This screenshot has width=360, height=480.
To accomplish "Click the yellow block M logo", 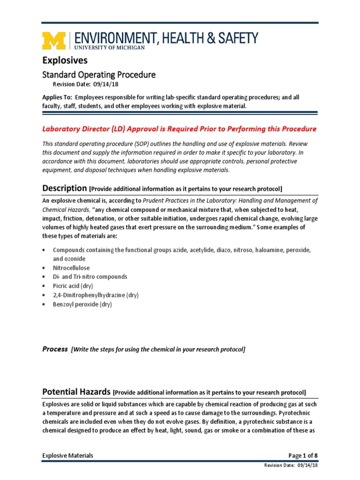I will pos(55,41).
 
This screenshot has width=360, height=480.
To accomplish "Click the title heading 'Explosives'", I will pos(65,60).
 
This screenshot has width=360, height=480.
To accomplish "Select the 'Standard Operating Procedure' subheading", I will pos(99,75).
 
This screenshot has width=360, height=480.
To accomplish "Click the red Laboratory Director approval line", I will pos(180,129).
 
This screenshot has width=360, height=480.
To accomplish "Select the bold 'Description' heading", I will pos(65,188).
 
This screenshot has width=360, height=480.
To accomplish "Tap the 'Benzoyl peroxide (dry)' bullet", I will pos(82,304).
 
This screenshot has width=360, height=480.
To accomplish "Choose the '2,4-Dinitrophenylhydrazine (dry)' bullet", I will pos(96,295).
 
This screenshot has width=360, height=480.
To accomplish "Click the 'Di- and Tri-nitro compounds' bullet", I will pos(90,277).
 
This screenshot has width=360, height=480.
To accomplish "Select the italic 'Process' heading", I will pos(55,349).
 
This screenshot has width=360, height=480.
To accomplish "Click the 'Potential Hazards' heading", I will pos(77,392).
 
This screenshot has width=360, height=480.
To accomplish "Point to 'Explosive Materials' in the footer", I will pos(68,456).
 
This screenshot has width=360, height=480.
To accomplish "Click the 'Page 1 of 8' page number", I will pos(303,456).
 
